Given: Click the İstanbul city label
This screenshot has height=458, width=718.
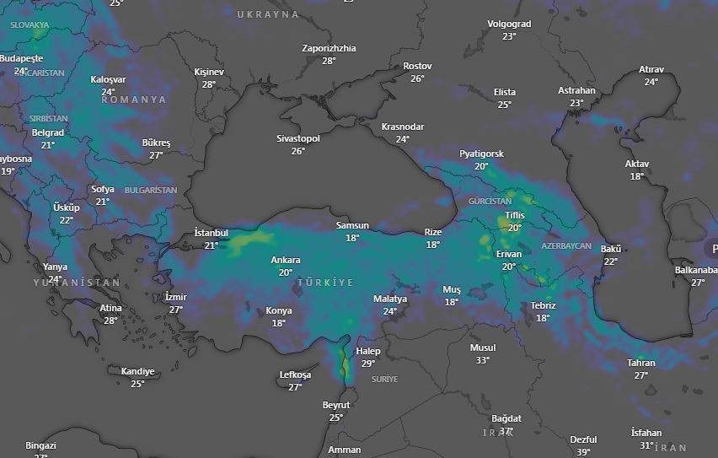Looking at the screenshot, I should (211, 233).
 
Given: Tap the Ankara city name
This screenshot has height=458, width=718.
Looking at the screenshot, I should (285, 261).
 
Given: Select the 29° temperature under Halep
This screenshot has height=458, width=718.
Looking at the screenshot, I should (368, 364).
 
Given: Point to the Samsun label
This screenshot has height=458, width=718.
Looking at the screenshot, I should (352, 226).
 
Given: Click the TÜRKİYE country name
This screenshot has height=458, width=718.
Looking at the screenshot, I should (325, 282).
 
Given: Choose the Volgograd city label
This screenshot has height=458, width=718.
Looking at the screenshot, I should (509, 24).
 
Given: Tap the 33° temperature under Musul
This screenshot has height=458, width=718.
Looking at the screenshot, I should (482, 360).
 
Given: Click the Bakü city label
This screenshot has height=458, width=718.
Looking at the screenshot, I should (611, 250).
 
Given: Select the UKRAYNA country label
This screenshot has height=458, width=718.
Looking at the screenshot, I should (268, 15).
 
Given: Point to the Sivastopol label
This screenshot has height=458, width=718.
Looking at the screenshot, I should (298, 138).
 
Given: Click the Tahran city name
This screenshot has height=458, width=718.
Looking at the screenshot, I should (640, 363).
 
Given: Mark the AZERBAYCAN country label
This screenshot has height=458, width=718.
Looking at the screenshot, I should (566, 245).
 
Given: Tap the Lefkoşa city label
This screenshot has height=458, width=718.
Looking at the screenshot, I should (295, 374).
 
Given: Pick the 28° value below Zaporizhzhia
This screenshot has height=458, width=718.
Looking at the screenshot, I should (329, 61).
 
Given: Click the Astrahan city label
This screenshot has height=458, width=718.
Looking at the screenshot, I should (576, 90).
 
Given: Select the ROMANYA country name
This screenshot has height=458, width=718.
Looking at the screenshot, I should (134, 100).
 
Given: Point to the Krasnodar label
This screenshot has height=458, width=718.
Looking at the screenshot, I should (403, 127).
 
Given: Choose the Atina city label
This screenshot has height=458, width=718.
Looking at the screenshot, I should (110, 308).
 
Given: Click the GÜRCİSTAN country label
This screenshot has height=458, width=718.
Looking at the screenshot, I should (490, 202).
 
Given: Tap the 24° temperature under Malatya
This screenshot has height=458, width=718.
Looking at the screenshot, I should (390, 311).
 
